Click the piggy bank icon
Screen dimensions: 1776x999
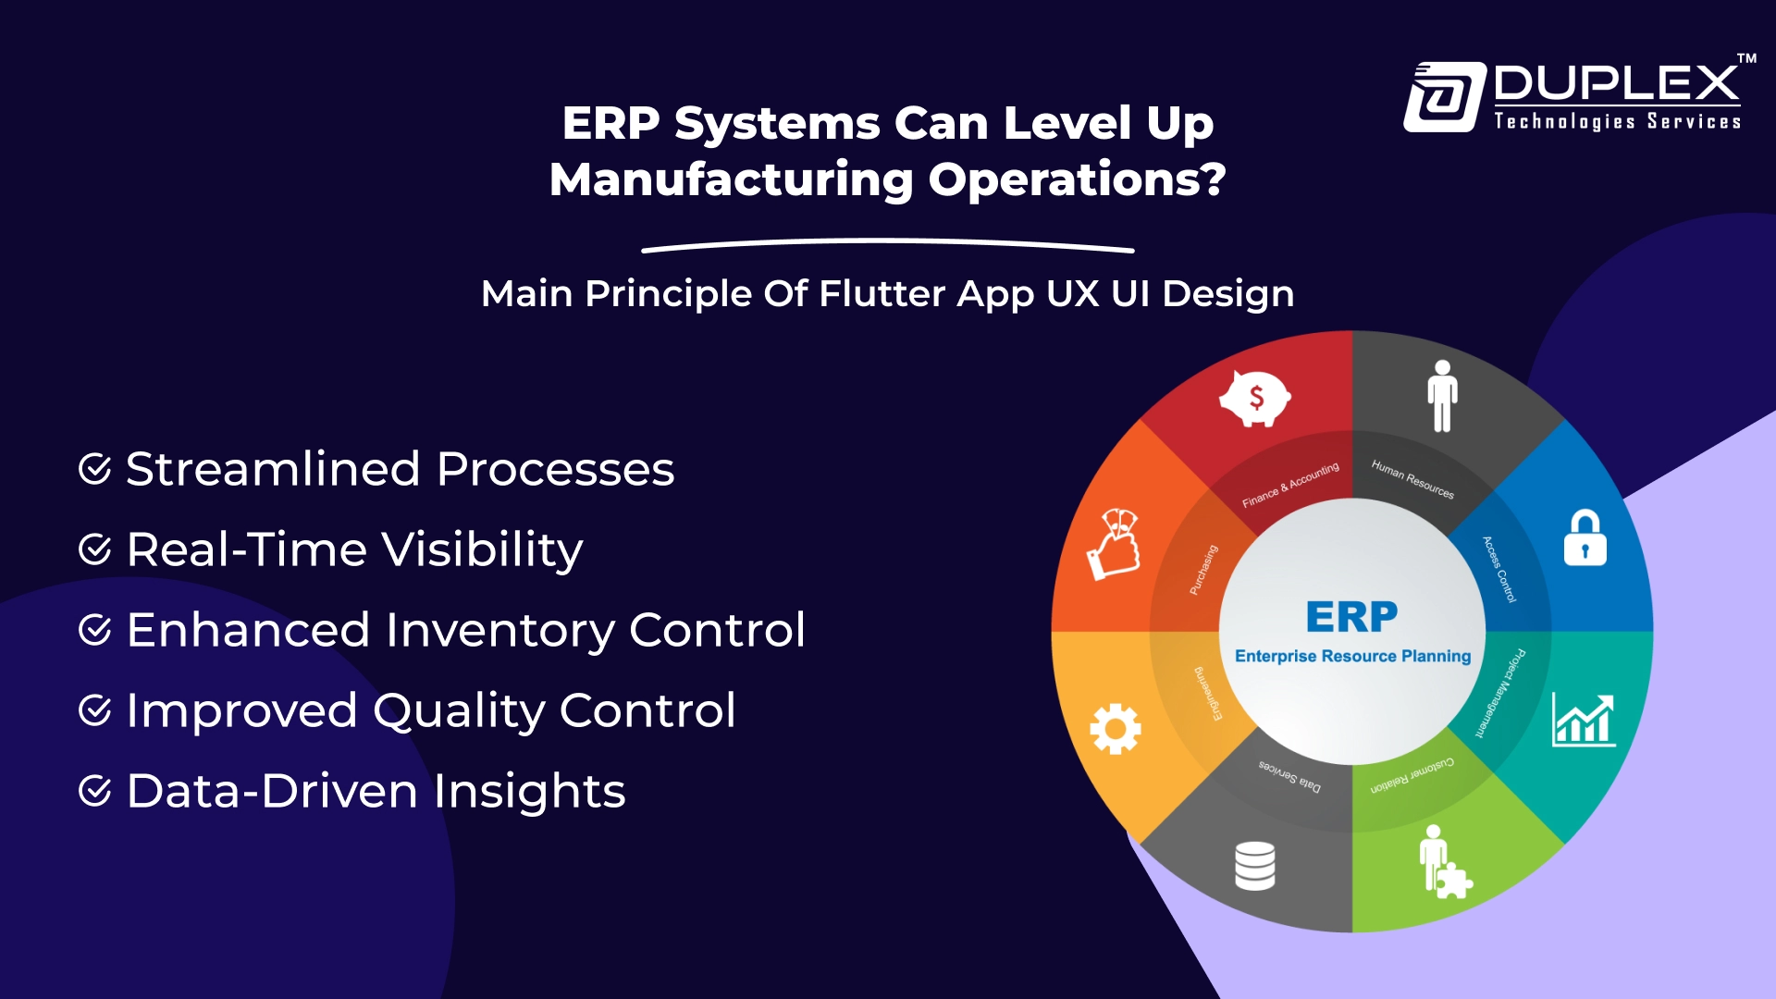tap(1255, 399)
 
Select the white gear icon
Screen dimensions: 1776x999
tap(1116, 729)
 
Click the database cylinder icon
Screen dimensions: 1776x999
tap(1255, 866)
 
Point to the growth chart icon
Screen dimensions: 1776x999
tap(1584, 720)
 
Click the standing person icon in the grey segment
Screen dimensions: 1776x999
tap(1442, 396)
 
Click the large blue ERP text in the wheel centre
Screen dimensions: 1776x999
tap(1351, 617)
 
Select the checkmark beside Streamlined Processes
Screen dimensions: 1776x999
tap(95, 469)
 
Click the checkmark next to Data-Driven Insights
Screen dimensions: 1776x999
tap(95, 791)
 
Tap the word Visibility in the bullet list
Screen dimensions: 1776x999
tap(482, 549)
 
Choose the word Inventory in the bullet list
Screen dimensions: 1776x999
tap(499, 630)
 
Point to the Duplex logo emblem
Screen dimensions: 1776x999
tap(1444, 97)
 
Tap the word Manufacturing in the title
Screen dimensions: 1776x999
tap(731, 179)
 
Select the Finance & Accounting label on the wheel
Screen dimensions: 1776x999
tap(1289, 485)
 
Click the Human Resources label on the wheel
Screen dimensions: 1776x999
tap(1412, 479)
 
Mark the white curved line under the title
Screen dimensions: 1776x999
tap(888, 246)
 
